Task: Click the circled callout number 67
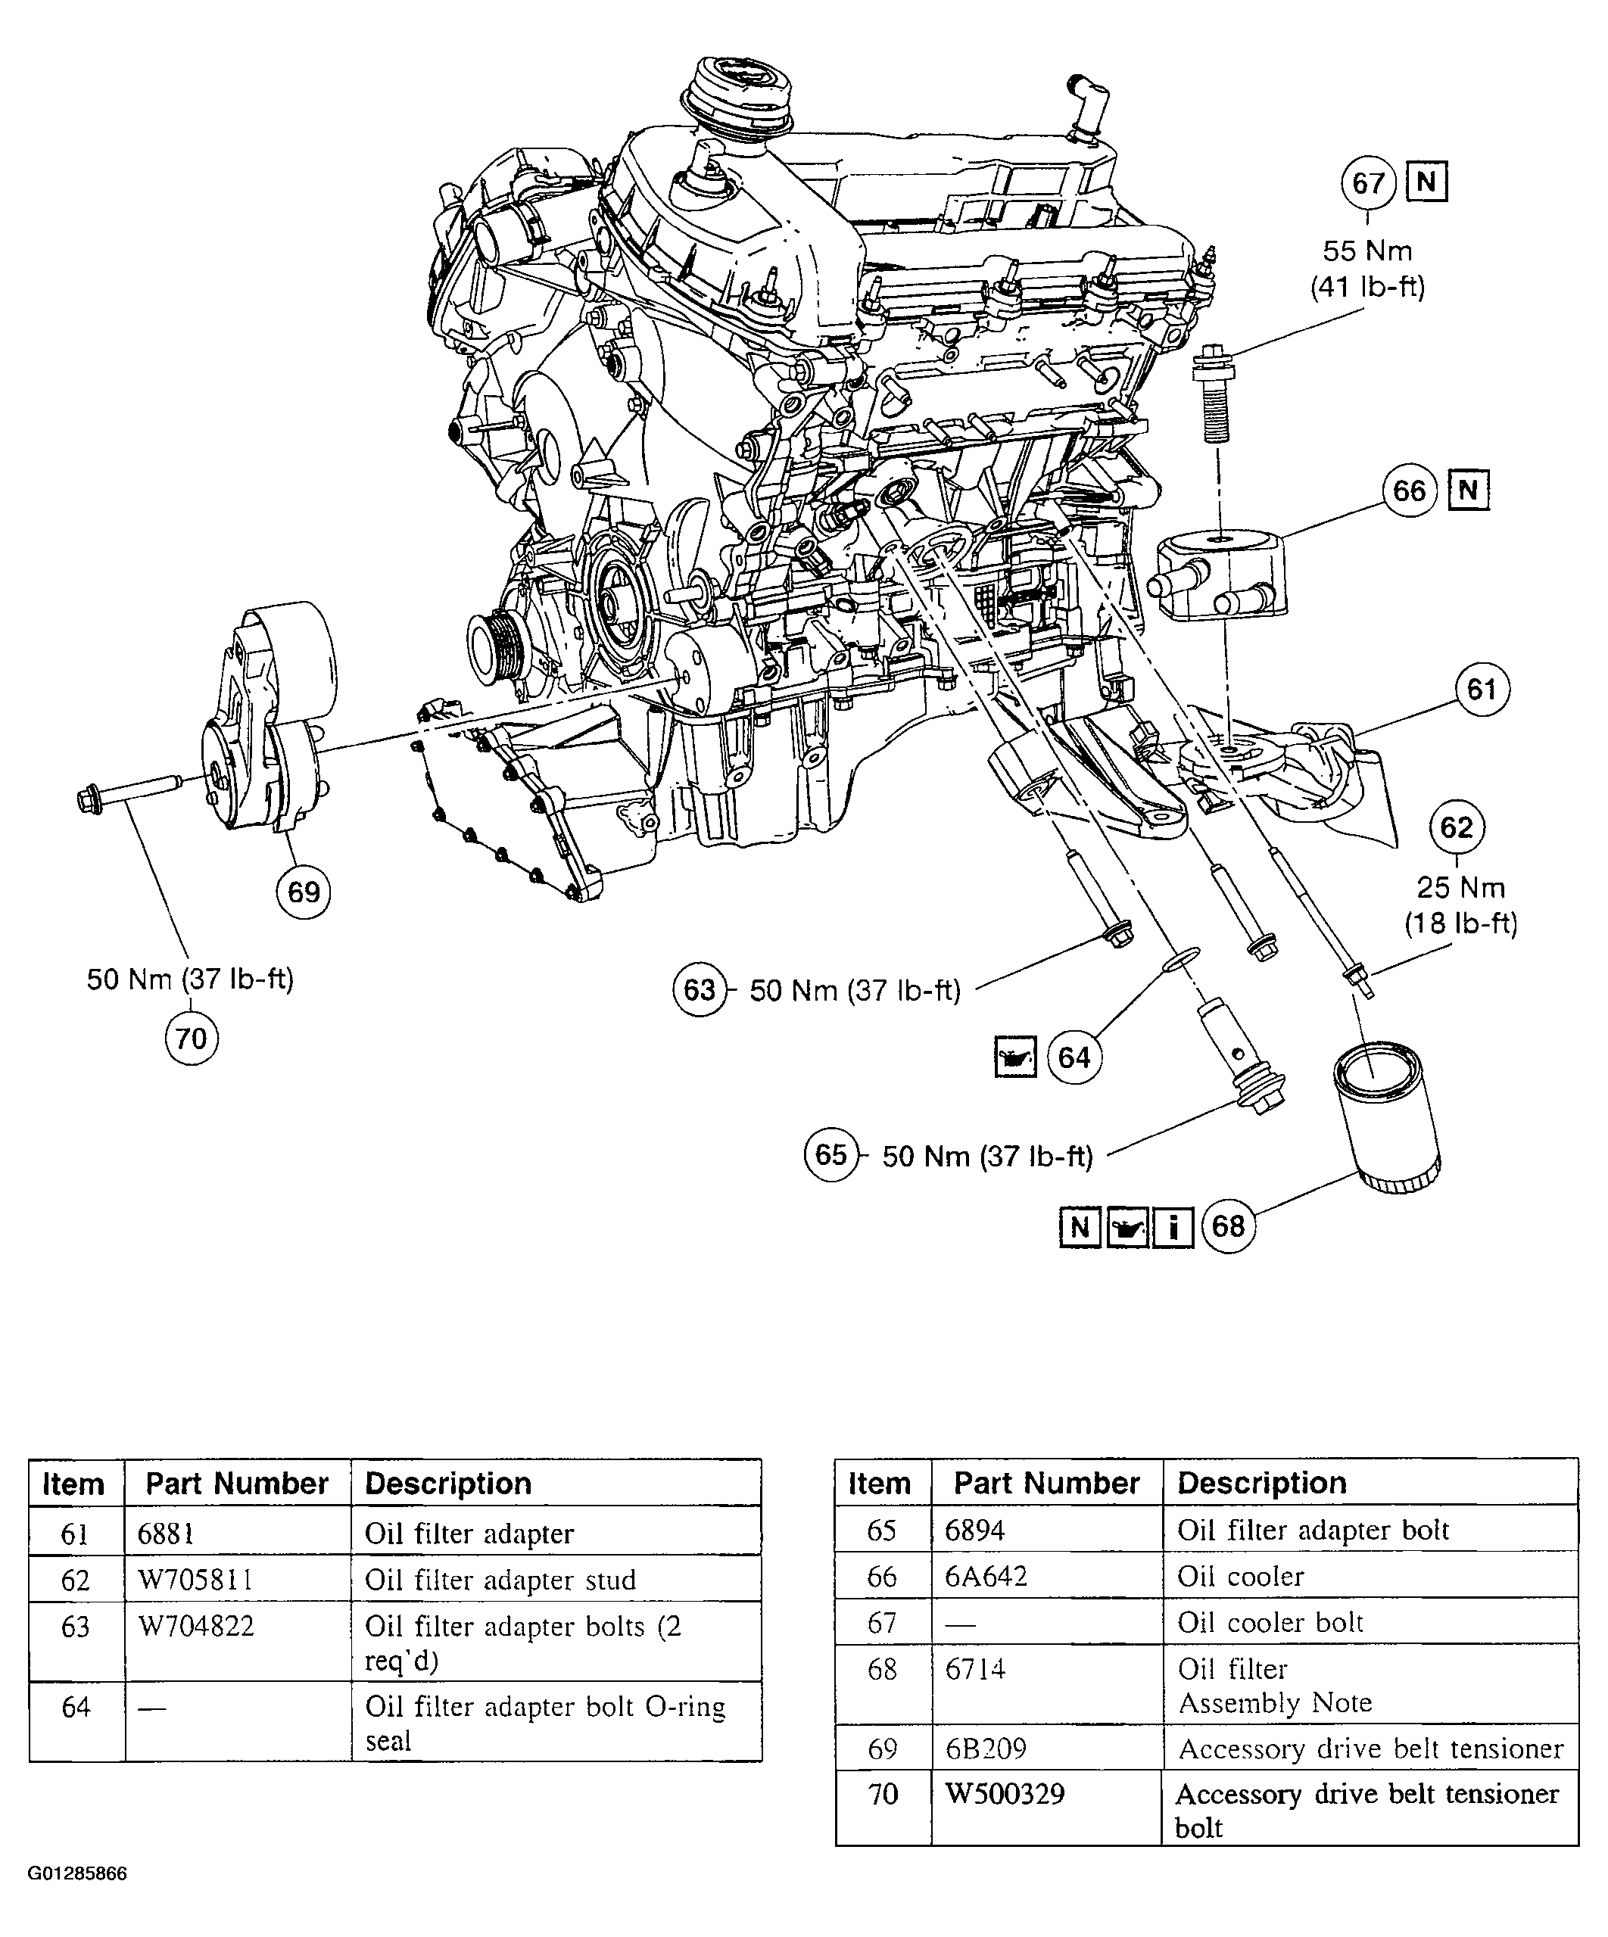tap(1367, 183)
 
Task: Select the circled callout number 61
tap(1482, 689)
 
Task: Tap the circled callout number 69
tap(304, 892)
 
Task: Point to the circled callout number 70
tap(191, 1039)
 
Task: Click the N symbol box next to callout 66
tap(1469, 490)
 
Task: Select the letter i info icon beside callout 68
tap(1173, 1227)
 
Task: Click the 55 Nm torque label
tap(1367, 251)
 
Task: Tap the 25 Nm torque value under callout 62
tap(1460, 887)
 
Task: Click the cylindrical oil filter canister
tap(1385, 1121)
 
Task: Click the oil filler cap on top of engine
tap(735, 92)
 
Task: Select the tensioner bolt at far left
tap(139, 793)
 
